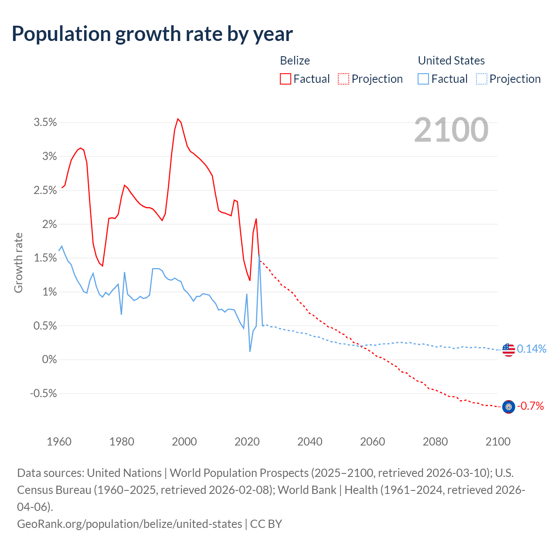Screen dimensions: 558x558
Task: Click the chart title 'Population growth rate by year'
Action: coord(152,34)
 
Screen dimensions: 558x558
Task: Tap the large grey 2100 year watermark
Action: coord(451,130)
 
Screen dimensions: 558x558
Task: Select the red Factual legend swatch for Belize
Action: coord(286,79)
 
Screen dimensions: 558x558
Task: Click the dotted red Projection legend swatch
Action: coord(344,79)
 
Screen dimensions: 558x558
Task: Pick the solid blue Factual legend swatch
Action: coord(423,79)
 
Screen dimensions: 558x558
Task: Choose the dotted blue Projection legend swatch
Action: coord(481,79)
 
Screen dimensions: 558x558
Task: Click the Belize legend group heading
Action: coord(295,61)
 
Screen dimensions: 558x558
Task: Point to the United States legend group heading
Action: coord(451,61)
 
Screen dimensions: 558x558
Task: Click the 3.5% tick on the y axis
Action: coord(45,122)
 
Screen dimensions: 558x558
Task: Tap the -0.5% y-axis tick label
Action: coord(44,394)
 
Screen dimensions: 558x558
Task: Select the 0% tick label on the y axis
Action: coord(49,360)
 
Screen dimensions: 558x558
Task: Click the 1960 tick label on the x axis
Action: coord(59,442)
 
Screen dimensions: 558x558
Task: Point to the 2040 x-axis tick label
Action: coord(310,442)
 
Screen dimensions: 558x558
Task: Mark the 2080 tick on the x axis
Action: coord(435,442)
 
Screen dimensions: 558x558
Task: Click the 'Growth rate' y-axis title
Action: coord(18,263)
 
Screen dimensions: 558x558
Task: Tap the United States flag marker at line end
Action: coord(508,350)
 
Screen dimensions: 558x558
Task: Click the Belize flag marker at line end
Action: coord(508,407)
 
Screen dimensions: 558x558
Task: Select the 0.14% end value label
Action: coord(531,349)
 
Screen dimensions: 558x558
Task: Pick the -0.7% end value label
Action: coord(531,406)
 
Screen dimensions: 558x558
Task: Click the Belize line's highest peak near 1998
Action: coord(177,119)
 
